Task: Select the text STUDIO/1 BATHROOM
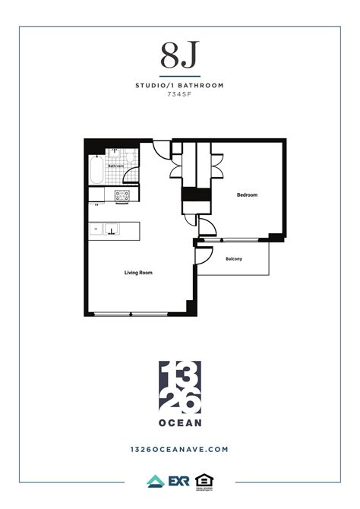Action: (x=180, y=86)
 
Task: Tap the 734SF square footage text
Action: (x=180, y=95)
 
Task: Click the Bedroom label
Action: (x=247, y=195)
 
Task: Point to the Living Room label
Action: (x=139, y=272)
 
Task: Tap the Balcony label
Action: (x=234, y=260)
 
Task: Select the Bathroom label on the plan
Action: (x=115, y=166)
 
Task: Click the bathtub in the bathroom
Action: (x=95, y=170)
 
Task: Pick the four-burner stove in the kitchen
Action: (x=122, y=196)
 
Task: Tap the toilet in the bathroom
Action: (x=131, y=156)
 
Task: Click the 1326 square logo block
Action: (x=180, y=384)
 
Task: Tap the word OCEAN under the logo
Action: (x=180, y=422)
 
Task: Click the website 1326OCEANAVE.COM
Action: (x=180, y=449)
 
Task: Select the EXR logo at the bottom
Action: (x=179, y=481)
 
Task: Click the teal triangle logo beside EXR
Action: (x=155, y=481)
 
